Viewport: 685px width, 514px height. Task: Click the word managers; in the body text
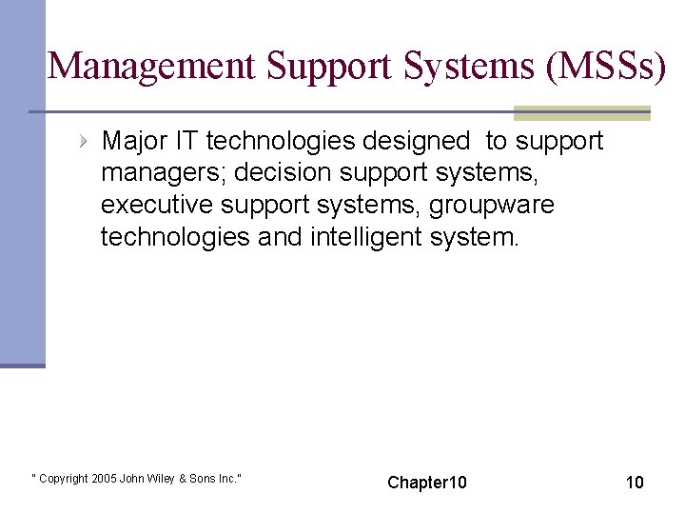coord(164,173)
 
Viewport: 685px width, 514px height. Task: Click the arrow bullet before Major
coord(84,142)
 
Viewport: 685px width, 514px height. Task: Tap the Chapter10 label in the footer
coord(427,483)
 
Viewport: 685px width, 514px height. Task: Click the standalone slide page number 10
coord(635,483)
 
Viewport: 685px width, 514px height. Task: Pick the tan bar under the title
coord(581,113)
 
